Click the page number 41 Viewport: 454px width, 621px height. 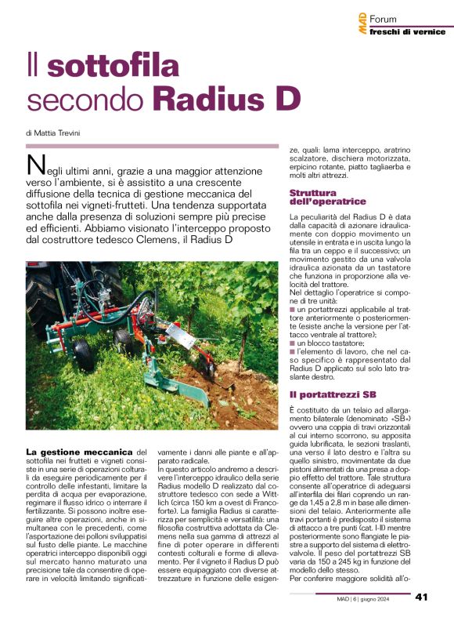pyautogui.click(x=422, y=597)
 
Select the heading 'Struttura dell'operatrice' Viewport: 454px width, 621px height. pyautogui.click(x=322, y=197)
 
